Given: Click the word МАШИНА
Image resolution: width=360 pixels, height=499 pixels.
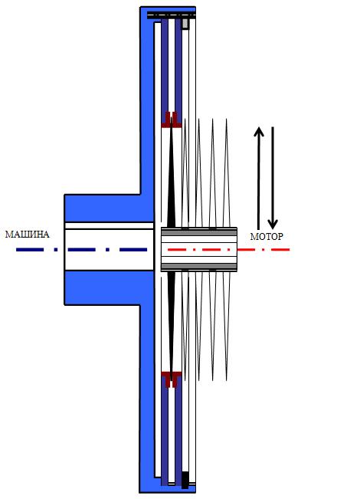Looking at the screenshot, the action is tap(27, 235).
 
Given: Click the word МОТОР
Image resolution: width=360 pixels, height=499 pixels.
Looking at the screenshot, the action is tap(267, 236).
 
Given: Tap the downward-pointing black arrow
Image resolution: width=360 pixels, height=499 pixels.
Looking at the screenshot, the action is tap(273, 178).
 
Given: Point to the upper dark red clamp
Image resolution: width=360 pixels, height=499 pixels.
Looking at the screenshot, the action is tap(172, 120).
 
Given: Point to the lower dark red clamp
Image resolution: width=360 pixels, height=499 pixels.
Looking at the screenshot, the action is tap(172, 379).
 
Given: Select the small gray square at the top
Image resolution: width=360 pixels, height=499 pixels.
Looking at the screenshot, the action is tap(185, 24).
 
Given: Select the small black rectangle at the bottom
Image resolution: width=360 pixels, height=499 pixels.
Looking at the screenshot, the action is tap(185, 480).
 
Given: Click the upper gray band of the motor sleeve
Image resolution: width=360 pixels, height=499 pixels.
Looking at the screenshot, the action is tap(199, 232).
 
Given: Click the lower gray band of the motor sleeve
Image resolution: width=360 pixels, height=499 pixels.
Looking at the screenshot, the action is tap(199, 267).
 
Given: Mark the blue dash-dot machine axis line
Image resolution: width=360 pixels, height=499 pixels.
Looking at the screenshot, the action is tap(82, 250).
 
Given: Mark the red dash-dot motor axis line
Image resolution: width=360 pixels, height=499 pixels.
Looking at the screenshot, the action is tap(229, 250).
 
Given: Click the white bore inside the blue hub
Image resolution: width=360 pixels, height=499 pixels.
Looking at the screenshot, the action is tap(109, 246).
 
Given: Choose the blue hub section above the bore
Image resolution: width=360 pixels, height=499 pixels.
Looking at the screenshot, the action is tap(103, 208).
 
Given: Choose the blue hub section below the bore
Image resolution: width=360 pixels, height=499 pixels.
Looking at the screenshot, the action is tap(103, 287).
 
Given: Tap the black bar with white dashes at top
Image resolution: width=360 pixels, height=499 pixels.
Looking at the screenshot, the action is tap(172, 15).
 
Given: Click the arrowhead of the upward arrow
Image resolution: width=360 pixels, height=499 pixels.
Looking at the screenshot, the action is tap(259, 131).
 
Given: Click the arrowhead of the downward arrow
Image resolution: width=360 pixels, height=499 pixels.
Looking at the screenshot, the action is tap(273, 225).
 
